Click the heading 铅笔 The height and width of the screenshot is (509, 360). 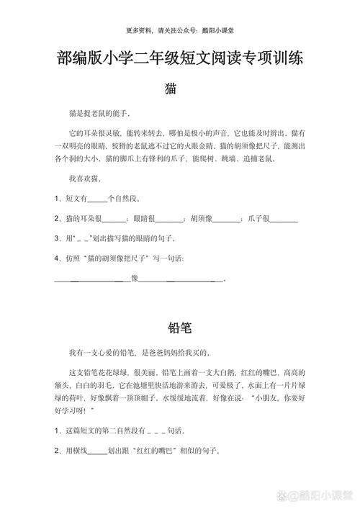pyautogui.click(x=179, y=328)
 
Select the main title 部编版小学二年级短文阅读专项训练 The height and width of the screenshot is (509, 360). pyautogui.click(x=180, y=60)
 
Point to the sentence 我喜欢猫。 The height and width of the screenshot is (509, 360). pyautogui.click(x=85, y=177)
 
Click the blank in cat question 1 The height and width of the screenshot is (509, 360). pyautogui.click(x=96, y=198)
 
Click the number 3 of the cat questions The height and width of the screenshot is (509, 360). pyautogui.click(x=57, y=238)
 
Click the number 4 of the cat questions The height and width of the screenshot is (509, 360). pyautogui.click(x=57, y=258)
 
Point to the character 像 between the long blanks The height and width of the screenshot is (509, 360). pyautogui.click(x=135, y=278)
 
